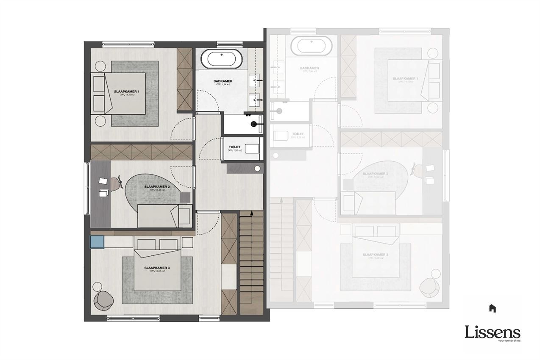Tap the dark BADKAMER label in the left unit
click(x=223, y=81)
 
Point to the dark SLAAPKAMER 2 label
click(x=157, y=187)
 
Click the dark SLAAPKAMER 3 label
click(x=157, y=268)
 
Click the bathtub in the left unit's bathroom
click(x=221, y=59)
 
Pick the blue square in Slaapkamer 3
click(x=97, y=242)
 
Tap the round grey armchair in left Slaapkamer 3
click(x=103, y=299)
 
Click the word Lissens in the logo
click(x=492, y=332)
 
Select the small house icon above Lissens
click(x=492, y=308)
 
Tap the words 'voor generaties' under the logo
click(x=509, y=341)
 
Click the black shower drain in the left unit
click(x=253, y=124)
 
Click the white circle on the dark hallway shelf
click(x=256, y=168)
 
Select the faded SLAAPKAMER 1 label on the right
click(x=405, y=79)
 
